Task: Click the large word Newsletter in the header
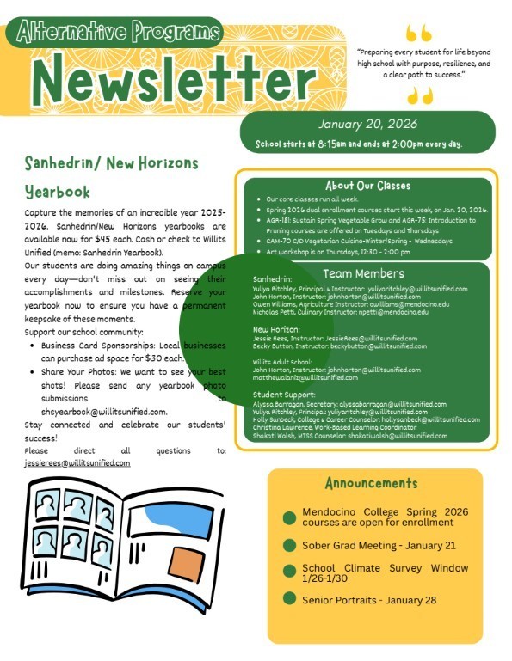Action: click(x=176, y=81)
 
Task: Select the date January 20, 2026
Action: click(x=367, y=124)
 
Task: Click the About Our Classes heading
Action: click(x=367, y=186)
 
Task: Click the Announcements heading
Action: click(x=373, y=484)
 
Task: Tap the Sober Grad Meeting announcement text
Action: click(x=379, y=545)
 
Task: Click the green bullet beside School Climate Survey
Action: click(x=290, y=572)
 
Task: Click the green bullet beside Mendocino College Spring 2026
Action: click(x=290, y=517)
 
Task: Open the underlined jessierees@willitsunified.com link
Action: click(x=77, y=462)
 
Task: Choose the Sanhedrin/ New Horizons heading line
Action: click(x=112, y=162)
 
